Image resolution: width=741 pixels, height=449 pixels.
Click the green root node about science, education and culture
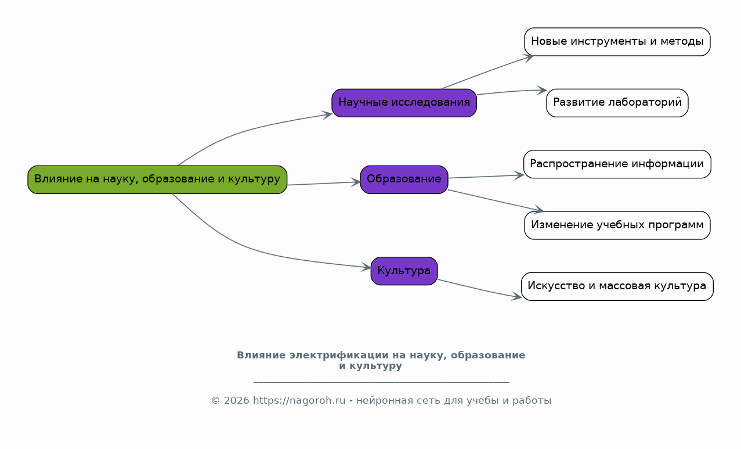[157, 179]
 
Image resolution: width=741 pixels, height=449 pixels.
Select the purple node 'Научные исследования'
[404, 103]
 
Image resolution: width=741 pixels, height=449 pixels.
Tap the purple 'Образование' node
[404, 179]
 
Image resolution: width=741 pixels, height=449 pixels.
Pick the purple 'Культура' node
[404, 271]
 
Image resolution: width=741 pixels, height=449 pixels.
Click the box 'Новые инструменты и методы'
[617, 42]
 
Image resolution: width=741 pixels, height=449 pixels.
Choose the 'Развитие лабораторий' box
[617, 103]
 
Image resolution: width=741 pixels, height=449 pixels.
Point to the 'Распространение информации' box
[617, 164]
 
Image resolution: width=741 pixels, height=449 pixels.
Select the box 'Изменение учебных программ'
[617, 225]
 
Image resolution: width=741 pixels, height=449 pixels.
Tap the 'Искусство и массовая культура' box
[617, 286]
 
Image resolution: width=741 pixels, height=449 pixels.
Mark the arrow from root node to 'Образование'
[324, 183]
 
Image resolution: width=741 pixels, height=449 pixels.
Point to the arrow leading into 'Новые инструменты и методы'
[487, 71]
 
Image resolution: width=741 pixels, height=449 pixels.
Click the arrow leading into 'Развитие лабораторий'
[512, 91]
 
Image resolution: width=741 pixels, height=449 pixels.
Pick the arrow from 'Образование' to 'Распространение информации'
[486, 177]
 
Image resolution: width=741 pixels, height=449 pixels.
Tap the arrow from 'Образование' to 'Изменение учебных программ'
[496, 200]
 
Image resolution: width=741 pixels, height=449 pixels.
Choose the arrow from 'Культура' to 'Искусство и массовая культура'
[480, 289]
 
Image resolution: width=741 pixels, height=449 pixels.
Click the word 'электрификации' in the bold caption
[339, 355]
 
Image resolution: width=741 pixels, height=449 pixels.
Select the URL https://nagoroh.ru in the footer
[299, 401]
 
